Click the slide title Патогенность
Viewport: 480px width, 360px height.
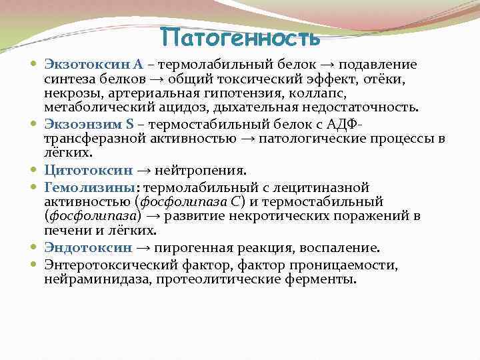tap(240, 37)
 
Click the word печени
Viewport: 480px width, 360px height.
tap(65, 231)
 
